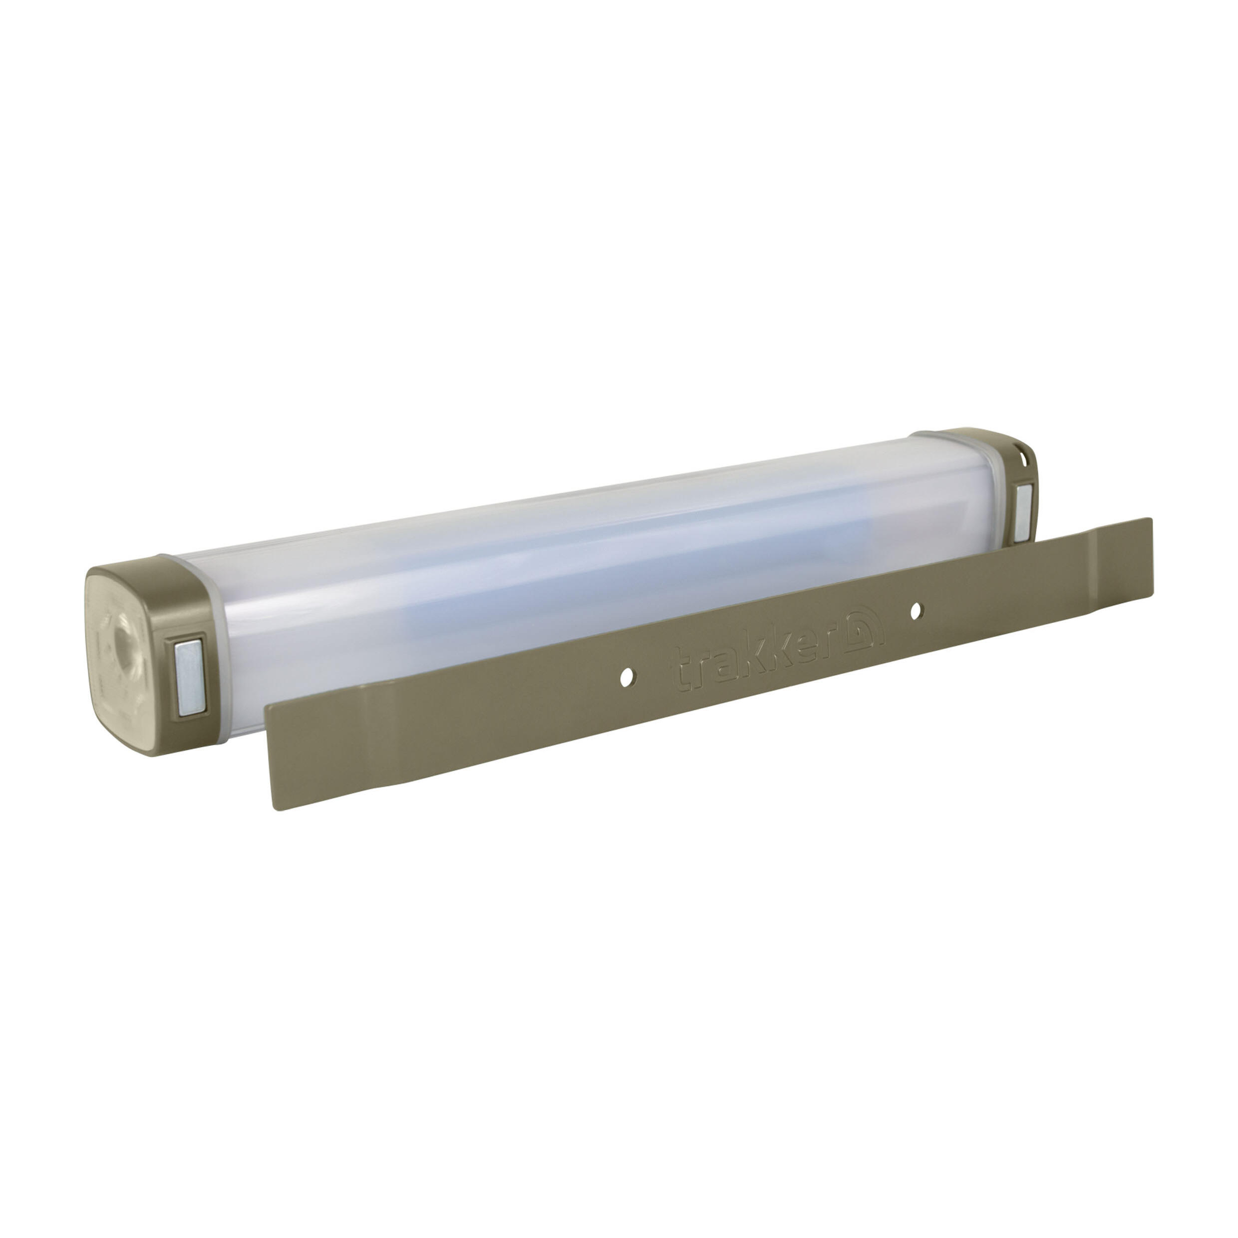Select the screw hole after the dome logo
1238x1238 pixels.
(x=916, y=611)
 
